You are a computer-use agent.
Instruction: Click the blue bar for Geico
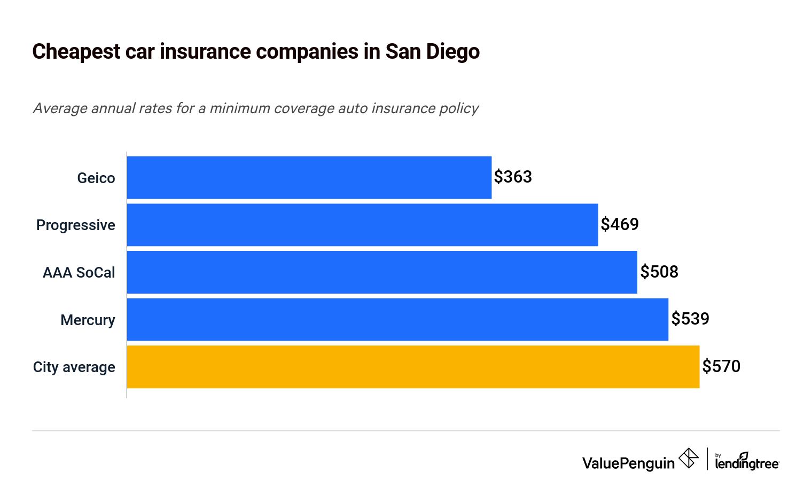(x=309, y=178)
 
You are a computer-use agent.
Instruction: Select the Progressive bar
(x=362, y=225)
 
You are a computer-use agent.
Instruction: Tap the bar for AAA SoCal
(x=382, y=272)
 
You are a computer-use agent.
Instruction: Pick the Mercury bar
(x=397, y=319)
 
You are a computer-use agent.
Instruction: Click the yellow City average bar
(x=413, y=367)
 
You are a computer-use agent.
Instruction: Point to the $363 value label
(x=513, y=177)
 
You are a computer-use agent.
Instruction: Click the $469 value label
(x=620, y=224)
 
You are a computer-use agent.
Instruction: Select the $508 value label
(x=659, y=272)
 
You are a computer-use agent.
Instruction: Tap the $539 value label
(x=690, y=319)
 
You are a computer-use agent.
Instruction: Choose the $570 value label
(x=721, y=366)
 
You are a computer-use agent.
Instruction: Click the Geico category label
(x=96, y=178)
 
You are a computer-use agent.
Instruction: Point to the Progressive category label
(x=76, y=225)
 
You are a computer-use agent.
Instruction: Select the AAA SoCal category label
(x=79, y=273)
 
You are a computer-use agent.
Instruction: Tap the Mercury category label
(x=88, y=320)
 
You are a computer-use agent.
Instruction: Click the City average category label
(x=74, y=367)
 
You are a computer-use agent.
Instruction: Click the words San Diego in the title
(x=432, y=52)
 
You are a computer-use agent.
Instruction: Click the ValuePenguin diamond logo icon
(x=688, y=459)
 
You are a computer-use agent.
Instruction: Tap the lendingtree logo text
(x=747, y=463)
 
